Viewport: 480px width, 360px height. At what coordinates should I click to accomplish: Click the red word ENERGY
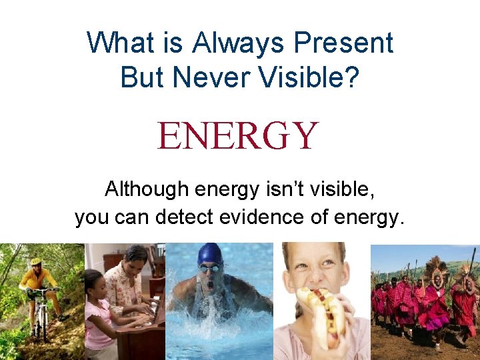point(238,135)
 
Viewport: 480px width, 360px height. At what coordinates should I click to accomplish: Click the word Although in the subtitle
point(147,190)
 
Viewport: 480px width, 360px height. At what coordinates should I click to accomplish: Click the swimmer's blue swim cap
point(209,254)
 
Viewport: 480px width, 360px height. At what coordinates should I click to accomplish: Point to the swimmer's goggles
point(209,268)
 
